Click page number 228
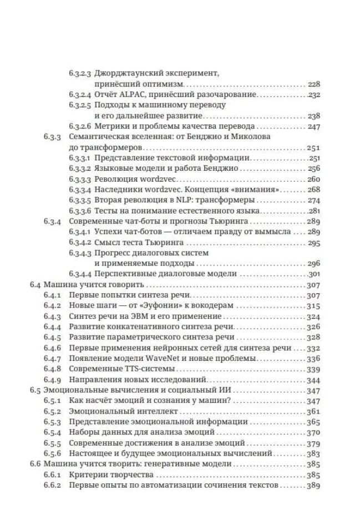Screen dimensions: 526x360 (x=314, y=84)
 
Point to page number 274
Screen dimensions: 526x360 (x=314, y=200)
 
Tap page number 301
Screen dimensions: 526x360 (x=314, y=274)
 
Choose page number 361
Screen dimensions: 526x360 (x=314, y=411)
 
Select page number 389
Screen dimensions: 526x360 (x=314, y=486)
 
